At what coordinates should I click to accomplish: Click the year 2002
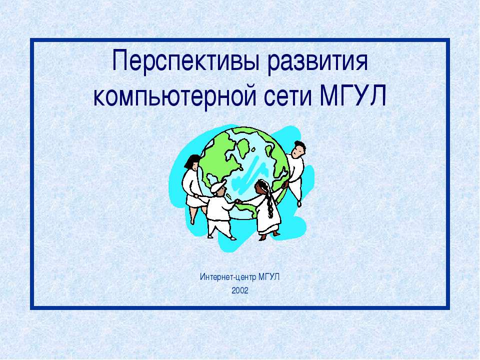point(240,290)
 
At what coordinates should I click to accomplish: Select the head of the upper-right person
point(298,148)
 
